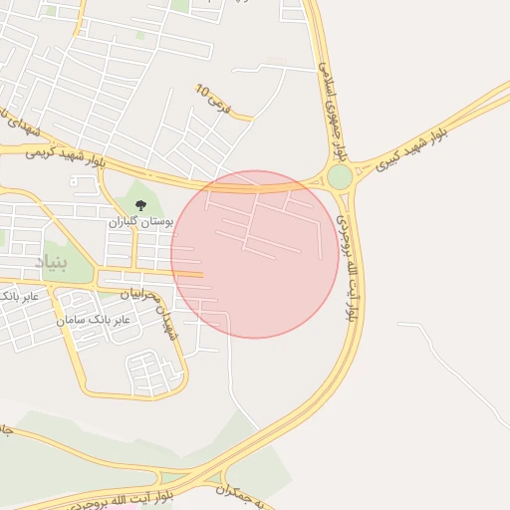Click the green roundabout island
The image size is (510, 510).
coord(340,177)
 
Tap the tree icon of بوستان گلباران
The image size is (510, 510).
coord(139,205)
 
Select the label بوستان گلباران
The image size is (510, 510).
coord(140,221)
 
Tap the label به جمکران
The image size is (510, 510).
coord(243,491)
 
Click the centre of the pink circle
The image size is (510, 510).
coord(254,254)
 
